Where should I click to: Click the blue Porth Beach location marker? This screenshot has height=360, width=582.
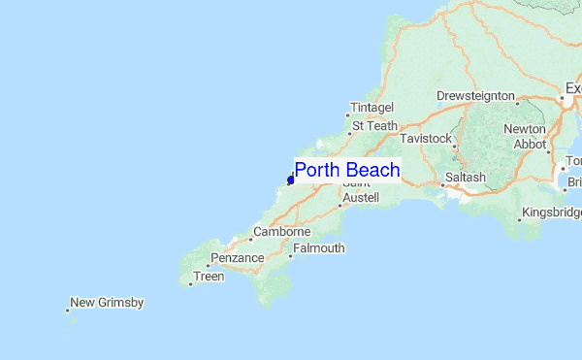click(290, 180)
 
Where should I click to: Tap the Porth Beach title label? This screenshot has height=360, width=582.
click(346, 171)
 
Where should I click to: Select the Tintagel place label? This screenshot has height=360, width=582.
click(372, 108)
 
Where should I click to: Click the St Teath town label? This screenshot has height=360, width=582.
click(374, 125)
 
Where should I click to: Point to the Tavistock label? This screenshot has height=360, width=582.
click(426, 139)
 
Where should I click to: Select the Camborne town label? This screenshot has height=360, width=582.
click(281, 233)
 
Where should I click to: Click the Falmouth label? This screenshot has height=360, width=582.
click(318, 248)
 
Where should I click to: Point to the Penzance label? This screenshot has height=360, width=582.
click(237, 258)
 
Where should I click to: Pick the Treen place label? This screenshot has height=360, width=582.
click(209, 277)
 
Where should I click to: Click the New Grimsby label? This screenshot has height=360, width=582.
click(107, 303)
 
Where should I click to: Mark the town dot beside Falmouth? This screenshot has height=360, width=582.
click(290, 256)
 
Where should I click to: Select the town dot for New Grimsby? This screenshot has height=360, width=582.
click(68, 311)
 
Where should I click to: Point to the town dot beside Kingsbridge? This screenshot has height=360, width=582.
click(519, 219)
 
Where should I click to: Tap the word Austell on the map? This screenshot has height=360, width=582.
click(360, 197)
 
